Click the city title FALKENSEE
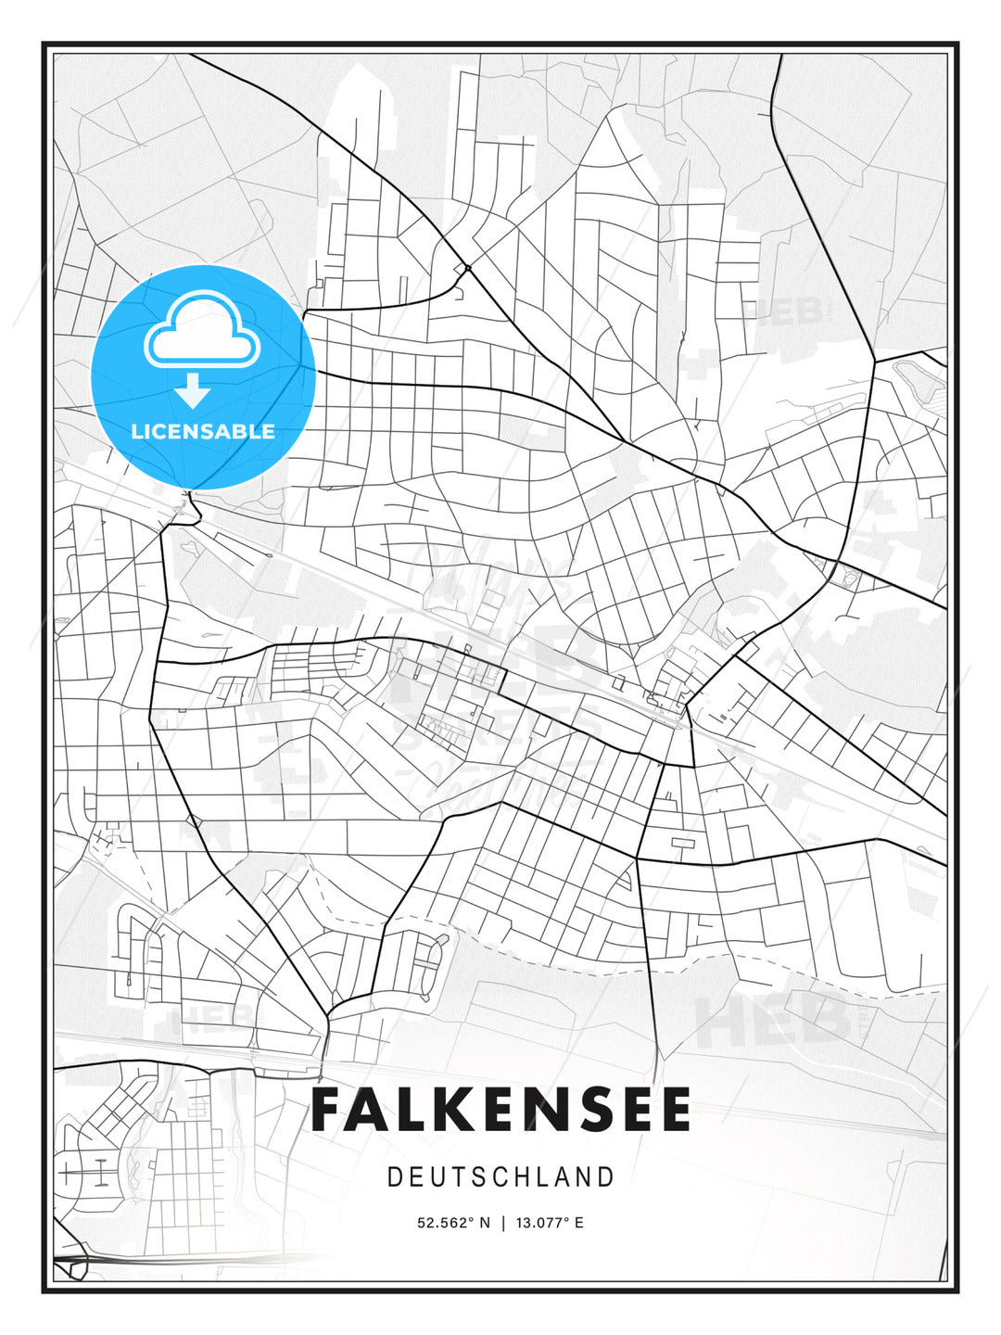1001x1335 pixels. (501, 1110)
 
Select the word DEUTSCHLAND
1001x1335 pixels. (501, 1177)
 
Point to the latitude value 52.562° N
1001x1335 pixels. (453, 1223)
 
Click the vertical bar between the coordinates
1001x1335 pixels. (502, 1223)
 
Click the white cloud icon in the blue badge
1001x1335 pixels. (202, 330)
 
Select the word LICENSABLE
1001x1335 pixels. (203, 432)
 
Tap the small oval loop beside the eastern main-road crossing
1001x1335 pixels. (849, 579)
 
